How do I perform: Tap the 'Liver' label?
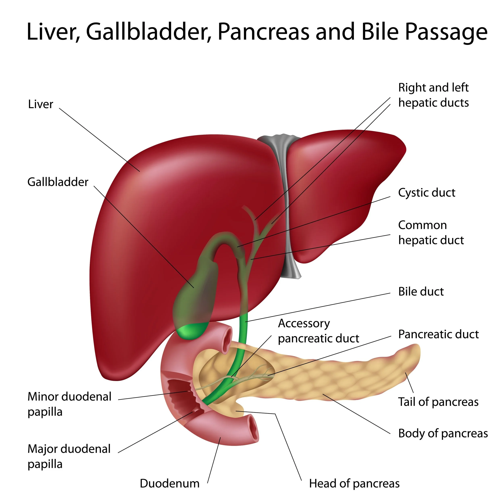coord(41,104)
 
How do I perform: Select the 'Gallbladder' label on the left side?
coord(58,182)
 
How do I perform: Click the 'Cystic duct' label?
coord(427,193)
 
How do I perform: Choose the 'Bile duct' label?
coord(421,292)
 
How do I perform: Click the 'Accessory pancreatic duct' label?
coord(318,331)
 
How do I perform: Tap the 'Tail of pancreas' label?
coord(438,402)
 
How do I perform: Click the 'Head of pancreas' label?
coord(354,484)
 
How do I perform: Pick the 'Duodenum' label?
coord(170,484)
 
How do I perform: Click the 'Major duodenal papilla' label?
coord(69,456)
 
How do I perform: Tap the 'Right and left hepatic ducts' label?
coord(433,95)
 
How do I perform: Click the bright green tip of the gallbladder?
coord(192,331)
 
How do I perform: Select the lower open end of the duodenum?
coord(253,430)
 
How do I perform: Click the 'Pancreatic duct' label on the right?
coord(438,334)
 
